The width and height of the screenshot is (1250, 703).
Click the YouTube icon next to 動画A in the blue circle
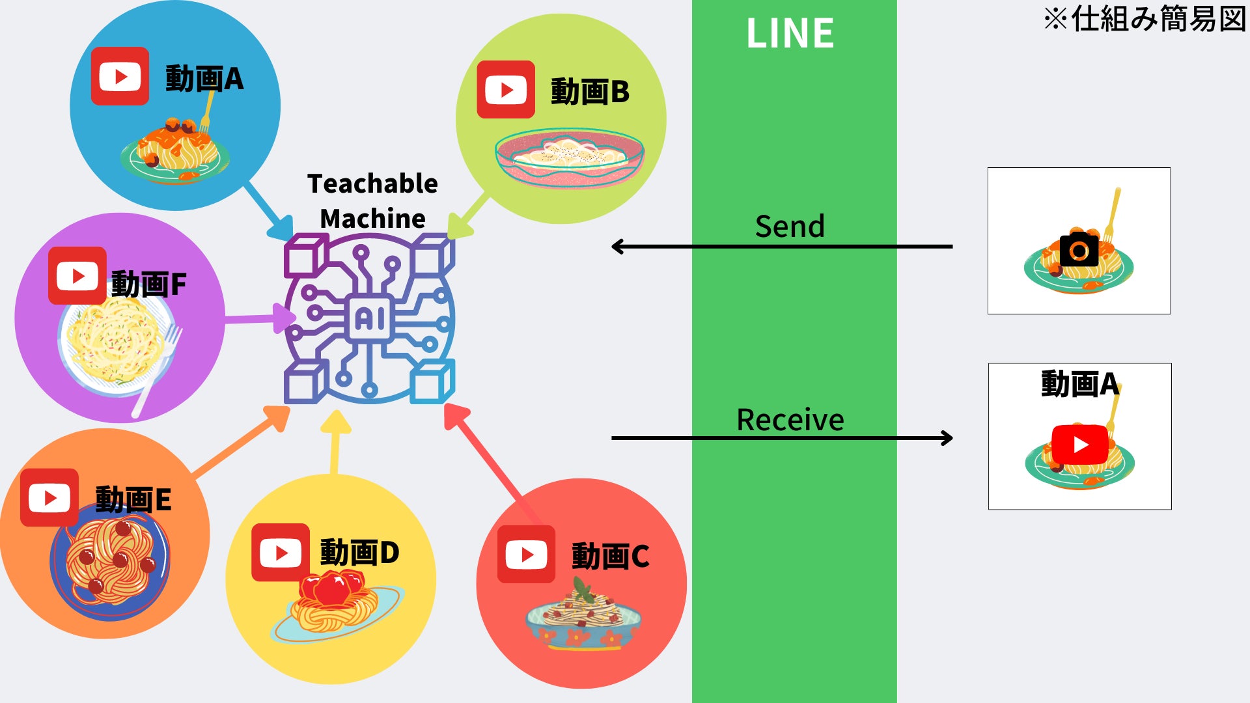point(120,76)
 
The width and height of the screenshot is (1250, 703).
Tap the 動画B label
point(590,92)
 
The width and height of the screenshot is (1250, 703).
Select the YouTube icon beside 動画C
point(526,555)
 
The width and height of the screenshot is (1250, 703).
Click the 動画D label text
point(359,553)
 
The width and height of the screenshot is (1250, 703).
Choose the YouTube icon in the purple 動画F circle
point(77,276)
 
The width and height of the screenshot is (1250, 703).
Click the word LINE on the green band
point(790,33)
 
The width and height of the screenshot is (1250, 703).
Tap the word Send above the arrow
point(790,227)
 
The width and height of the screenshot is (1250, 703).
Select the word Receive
point(790,420)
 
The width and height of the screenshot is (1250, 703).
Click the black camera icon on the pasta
point(1079,249)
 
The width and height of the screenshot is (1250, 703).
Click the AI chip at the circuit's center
point(370,318)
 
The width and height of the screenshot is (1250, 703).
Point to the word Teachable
point(372,184)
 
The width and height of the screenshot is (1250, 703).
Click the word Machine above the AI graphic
point(372,219)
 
